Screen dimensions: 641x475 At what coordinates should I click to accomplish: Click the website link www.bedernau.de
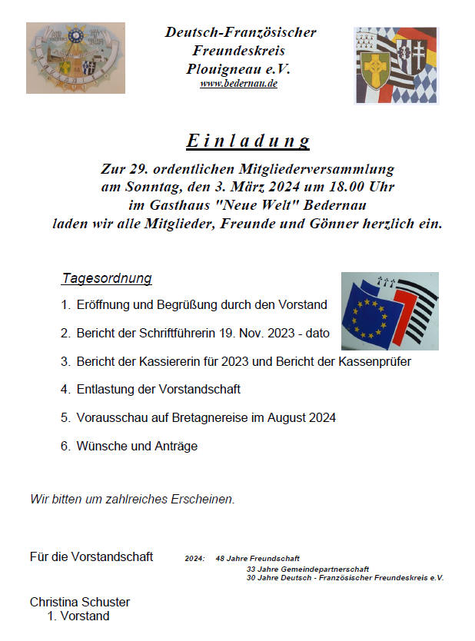[238, 83]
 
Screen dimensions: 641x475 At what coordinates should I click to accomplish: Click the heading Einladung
[247, 141]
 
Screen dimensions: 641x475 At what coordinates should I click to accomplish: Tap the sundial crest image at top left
[75, 58]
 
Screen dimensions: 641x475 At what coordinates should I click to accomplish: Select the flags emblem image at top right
[396, 65]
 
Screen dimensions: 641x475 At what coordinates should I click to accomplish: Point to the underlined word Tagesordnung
[107, 278]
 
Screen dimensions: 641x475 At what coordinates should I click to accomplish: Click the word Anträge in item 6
[176, 446]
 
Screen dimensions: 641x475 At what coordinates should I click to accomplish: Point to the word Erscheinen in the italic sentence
[203, 499]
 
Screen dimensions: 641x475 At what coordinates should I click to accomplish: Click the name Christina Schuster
[80, 602]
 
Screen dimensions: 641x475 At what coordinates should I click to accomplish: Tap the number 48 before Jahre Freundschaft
[221, 558]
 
